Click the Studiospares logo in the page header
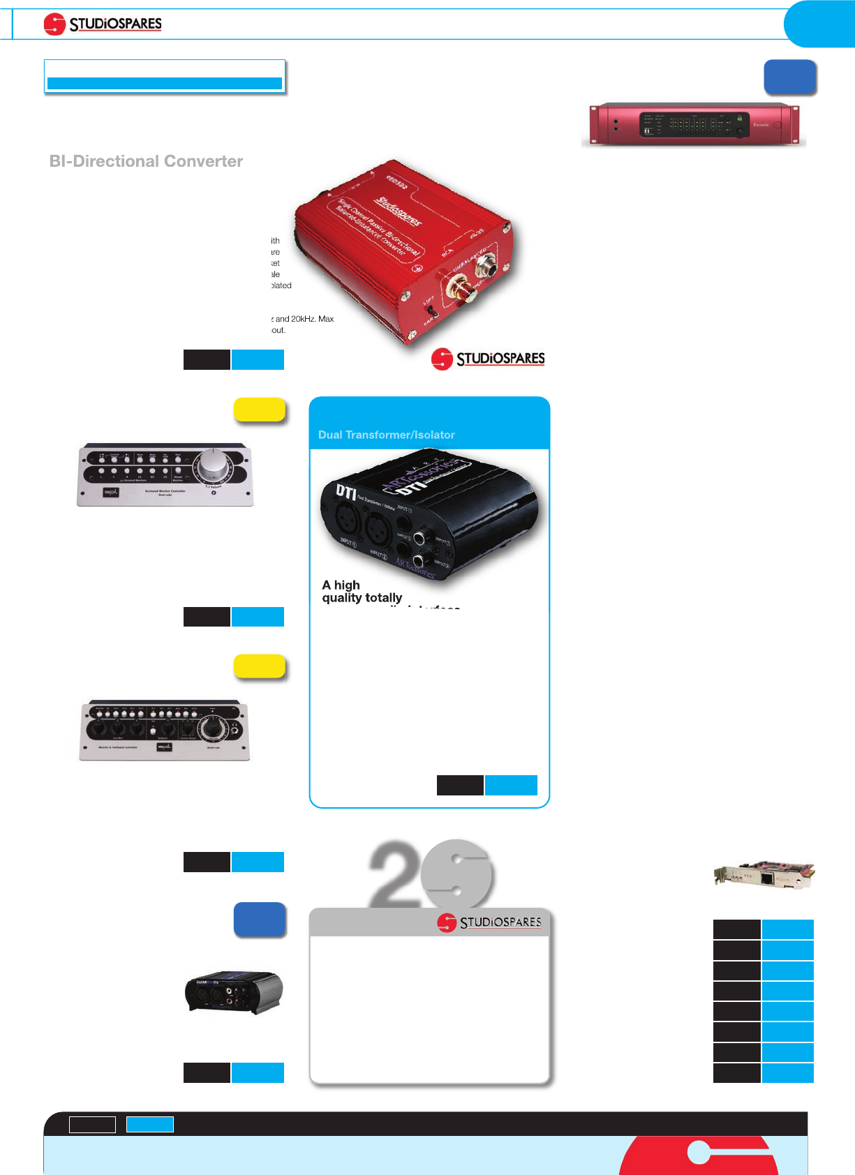(x=103, y=24)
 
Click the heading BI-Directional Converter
(x=146, y=161)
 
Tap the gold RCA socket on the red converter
(x=461, y=288)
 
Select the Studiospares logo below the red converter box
(x=488, y=359)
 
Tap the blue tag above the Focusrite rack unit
(x=789, y=77)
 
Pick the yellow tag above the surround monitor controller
(x=259, y=410)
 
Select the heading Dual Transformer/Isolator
(x=386, y=435)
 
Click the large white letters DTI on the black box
(x=346, y=491)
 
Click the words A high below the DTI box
(x=341, y=585)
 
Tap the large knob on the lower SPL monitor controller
(x=211, y=729)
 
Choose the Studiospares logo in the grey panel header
(x=489, y=922)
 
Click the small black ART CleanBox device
(x=233, y=991)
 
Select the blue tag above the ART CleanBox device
(x=259, y=919)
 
